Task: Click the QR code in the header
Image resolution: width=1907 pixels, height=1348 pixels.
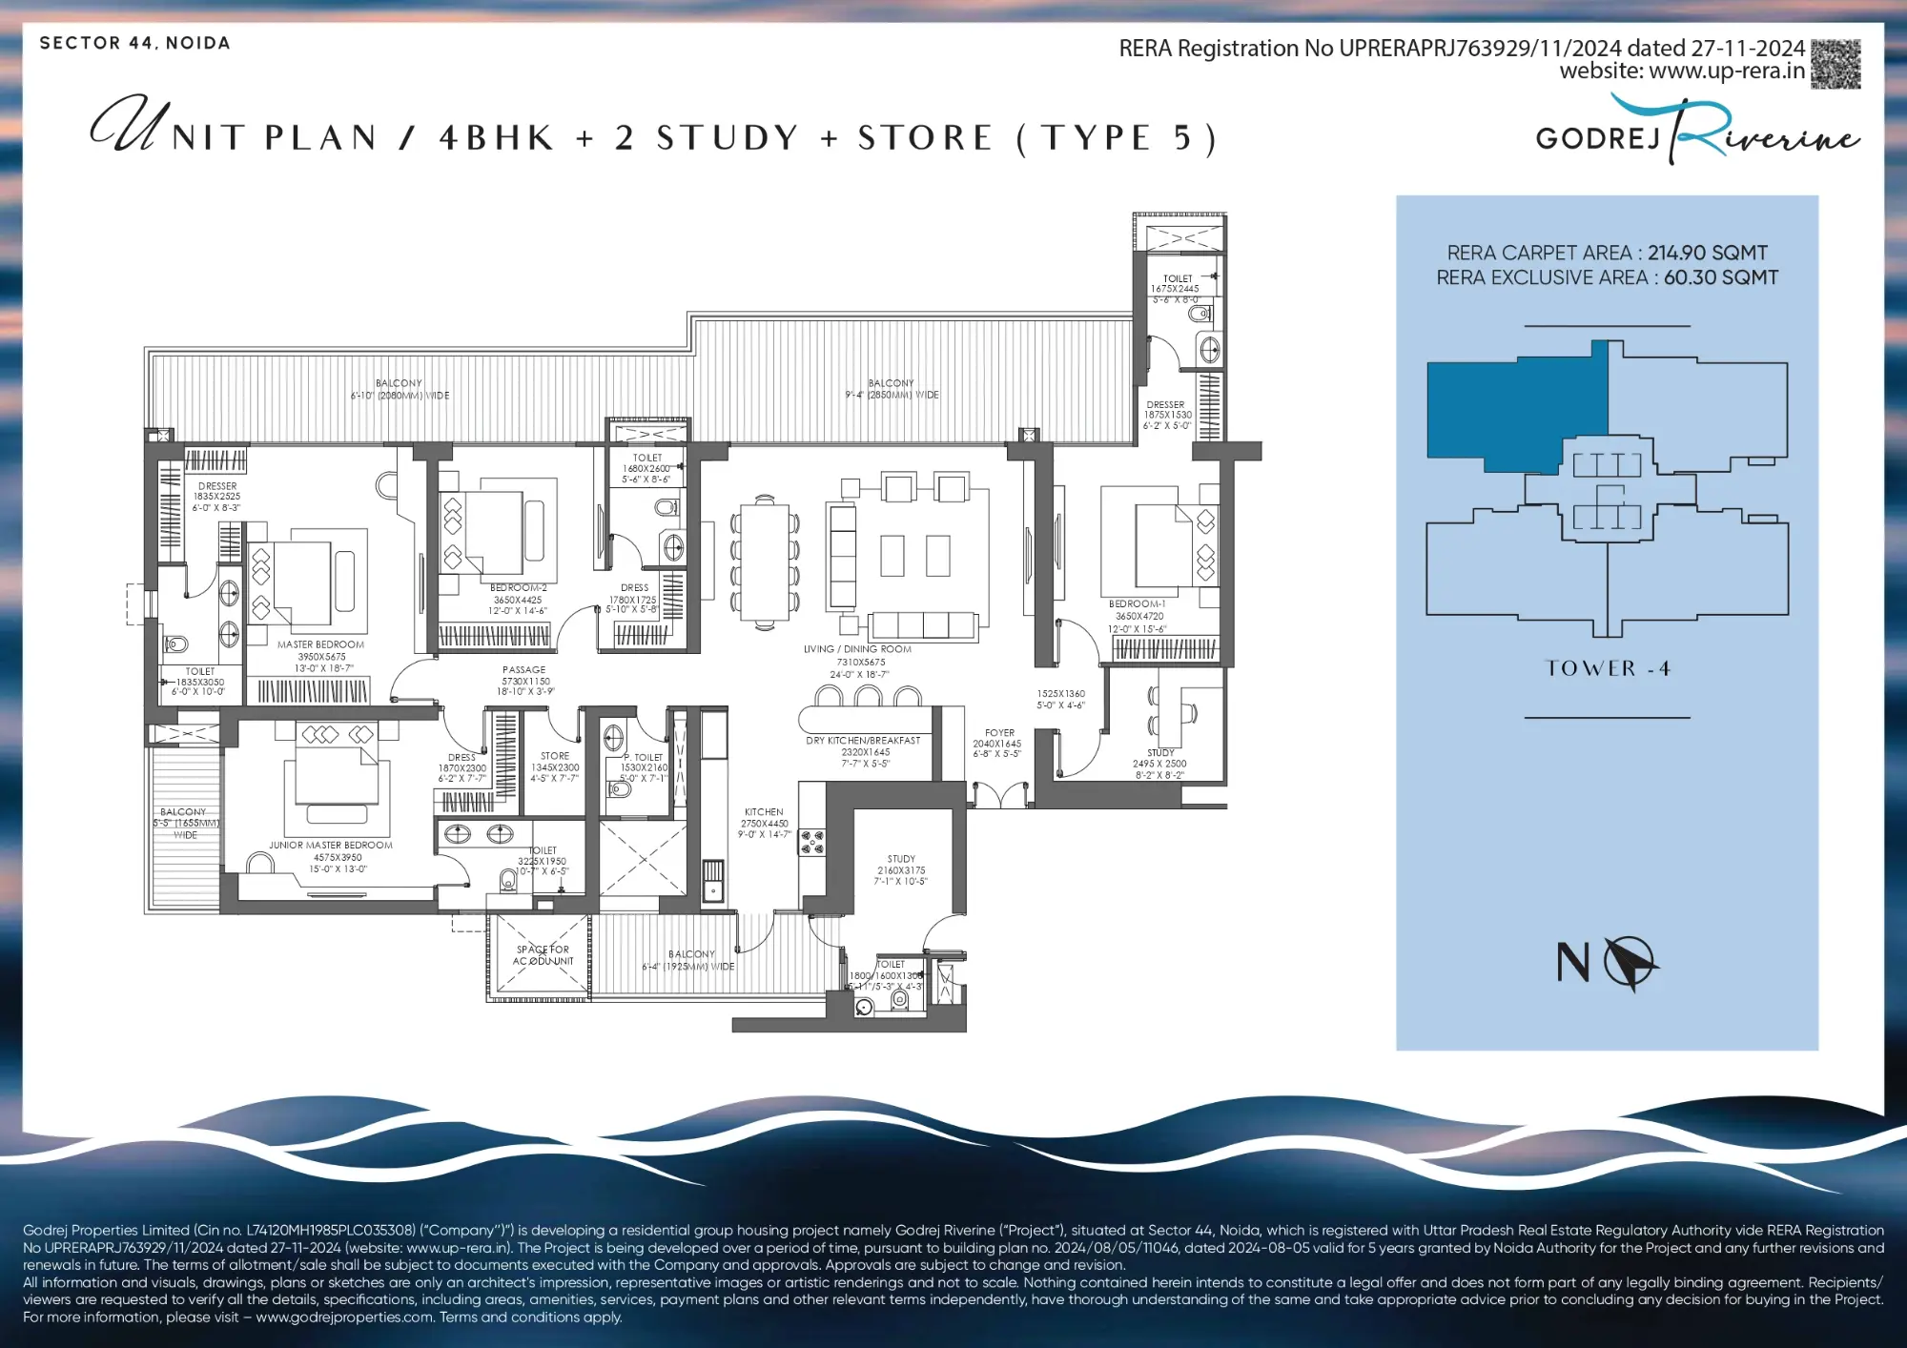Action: point(1835,65)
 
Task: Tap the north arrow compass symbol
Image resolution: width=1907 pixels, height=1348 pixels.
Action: point(1630,963)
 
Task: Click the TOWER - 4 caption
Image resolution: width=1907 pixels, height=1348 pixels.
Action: point(1607,668)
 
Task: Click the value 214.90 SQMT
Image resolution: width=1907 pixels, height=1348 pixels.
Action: point(1707,253)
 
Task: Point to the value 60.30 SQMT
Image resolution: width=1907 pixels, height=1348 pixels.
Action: point(1720,277)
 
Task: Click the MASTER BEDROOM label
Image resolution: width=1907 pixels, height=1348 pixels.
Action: point(320,645)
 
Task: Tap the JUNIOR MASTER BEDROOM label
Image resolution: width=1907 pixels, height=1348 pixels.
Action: point(330,846)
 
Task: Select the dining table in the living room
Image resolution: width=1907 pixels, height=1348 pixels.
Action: point(765,562)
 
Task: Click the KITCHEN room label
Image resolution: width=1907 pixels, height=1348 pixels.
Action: point(764,812)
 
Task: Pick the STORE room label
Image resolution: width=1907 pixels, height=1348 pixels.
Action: point(555,756)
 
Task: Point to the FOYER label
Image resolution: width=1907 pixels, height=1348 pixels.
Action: point(999,733)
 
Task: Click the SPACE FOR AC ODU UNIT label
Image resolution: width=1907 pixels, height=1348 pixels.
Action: point(543,955)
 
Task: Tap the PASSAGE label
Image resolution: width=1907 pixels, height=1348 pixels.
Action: point(524,670)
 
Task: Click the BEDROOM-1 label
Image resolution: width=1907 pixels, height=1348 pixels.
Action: point(1137,604)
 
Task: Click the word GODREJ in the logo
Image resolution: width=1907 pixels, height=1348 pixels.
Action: point(1598,139)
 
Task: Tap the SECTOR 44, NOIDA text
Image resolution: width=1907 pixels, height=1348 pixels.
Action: point(134,43)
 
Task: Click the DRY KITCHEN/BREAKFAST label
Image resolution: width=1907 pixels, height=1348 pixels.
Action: point(863,741)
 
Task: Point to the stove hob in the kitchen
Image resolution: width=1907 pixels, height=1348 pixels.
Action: point(812,842)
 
